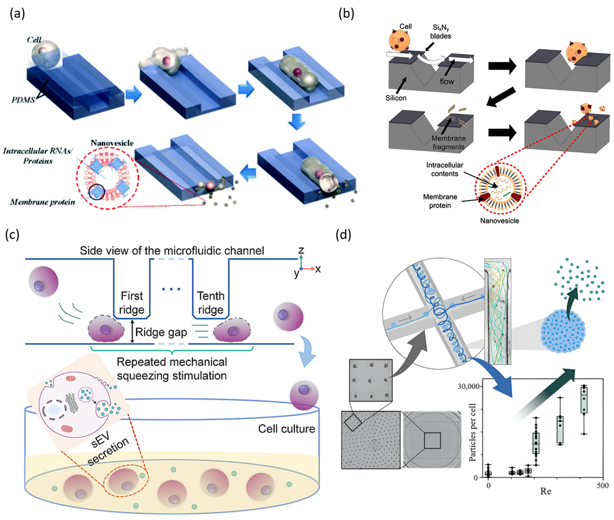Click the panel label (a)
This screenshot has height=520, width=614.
click(17, 14)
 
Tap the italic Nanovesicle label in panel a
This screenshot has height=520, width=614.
click(112, 143)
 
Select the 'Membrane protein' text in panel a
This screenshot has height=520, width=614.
click(43, 202)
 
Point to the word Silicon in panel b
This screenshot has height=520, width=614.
click(396, 98)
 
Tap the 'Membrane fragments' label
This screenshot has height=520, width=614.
click(448, 142)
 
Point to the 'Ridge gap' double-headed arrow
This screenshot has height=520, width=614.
click(132, 332)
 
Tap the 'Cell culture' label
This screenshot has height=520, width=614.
click(286, 429)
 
